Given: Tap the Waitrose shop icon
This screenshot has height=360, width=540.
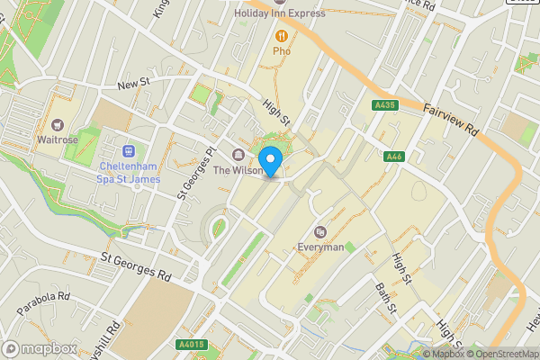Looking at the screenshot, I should coord(58,125).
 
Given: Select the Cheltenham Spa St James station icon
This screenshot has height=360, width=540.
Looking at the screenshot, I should coord(128,151).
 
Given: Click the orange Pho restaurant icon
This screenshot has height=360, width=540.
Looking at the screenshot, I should coord(282,36).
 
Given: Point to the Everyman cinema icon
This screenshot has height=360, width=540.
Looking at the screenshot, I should coord(320,232).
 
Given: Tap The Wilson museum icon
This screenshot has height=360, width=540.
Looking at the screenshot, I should coord(238,154).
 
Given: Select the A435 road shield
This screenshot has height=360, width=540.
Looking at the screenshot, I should coord(384,106).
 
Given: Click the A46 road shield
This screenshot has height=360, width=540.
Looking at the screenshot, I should coord(393,157).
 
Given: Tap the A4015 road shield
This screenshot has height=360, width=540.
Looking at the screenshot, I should coord(191,343).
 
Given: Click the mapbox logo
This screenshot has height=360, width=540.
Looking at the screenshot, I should coord(39,348).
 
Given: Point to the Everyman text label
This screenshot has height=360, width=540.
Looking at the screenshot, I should coord(321,247).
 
